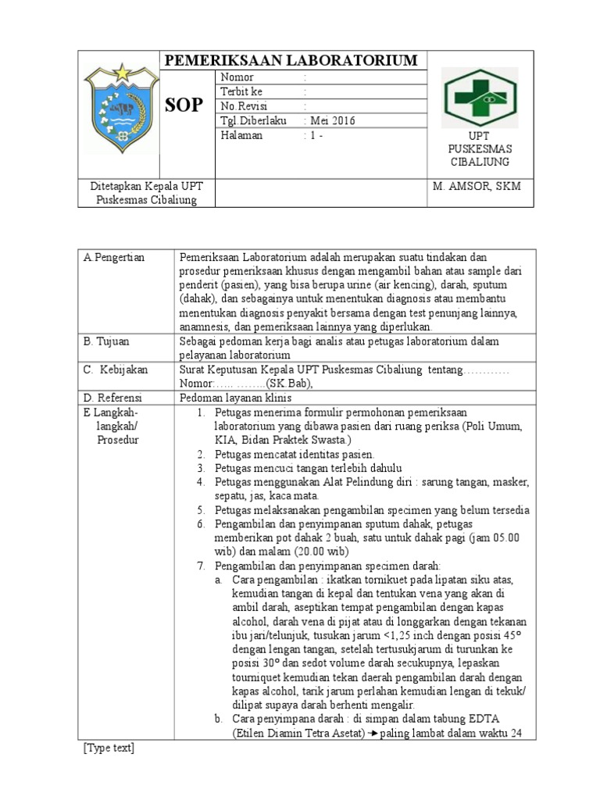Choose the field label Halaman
click(242, 134)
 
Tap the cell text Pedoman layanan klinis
click(235, 398)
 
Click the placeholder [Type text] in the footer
click(109, 748)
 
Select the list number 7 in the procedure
click(200, 566)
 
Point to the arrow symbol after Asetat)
click(372, 733)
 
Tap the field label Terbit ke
click(242, 92)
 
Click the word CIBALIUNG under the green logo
click(479, 162)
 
